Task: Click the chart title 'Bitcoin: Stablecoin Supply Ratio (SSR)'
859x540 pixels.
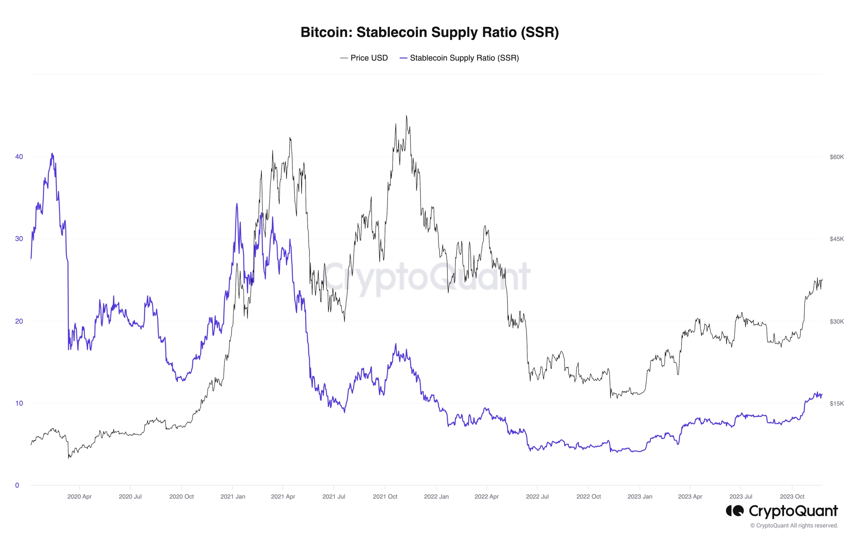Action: click(429, 32)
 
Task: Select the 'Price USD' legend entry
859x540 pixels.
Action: click(369, 58)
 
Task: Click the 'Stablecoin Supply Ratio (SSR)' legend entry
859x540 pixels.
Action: click(464, 58)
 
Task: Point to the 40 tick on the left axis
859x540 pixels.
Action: click(19, 157)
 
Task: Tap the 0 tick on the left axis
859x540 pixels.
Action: click(17, 485)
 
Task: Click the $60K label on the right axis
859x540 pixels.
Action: click(837, 157)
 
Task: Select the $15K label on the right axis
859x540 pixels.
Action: click(837, 404)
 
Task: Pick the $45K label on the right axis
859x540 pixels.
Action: click(837, 239)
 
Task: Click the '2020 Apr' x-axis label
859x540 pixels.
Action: click(79, 496)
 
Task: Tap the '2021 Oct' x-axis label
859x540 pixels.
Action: click(385, 496)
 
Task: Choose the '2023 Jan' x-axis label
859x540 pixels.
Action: click(640, 496)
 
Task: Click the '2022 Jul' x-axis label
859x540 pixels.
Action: click(537, 496)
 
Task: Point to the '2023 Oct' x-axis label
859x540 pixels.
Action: click(792, 496)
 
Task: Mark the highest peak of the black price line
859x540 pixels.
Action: click(406, 116)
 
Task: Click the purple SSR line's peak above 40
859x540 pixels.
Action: click(52, 153)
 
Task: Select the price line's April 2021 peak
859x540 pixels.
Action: click(290, 137)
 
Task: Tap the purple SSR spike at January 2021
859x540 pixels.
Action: click(237, 204)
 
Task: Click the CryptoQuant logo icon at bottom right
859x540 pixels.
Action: click(734, 511)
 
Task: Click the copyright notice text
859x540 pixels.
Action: click(794, 525)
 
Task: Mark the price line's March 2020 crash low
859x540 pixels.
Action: click(69, 458)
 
